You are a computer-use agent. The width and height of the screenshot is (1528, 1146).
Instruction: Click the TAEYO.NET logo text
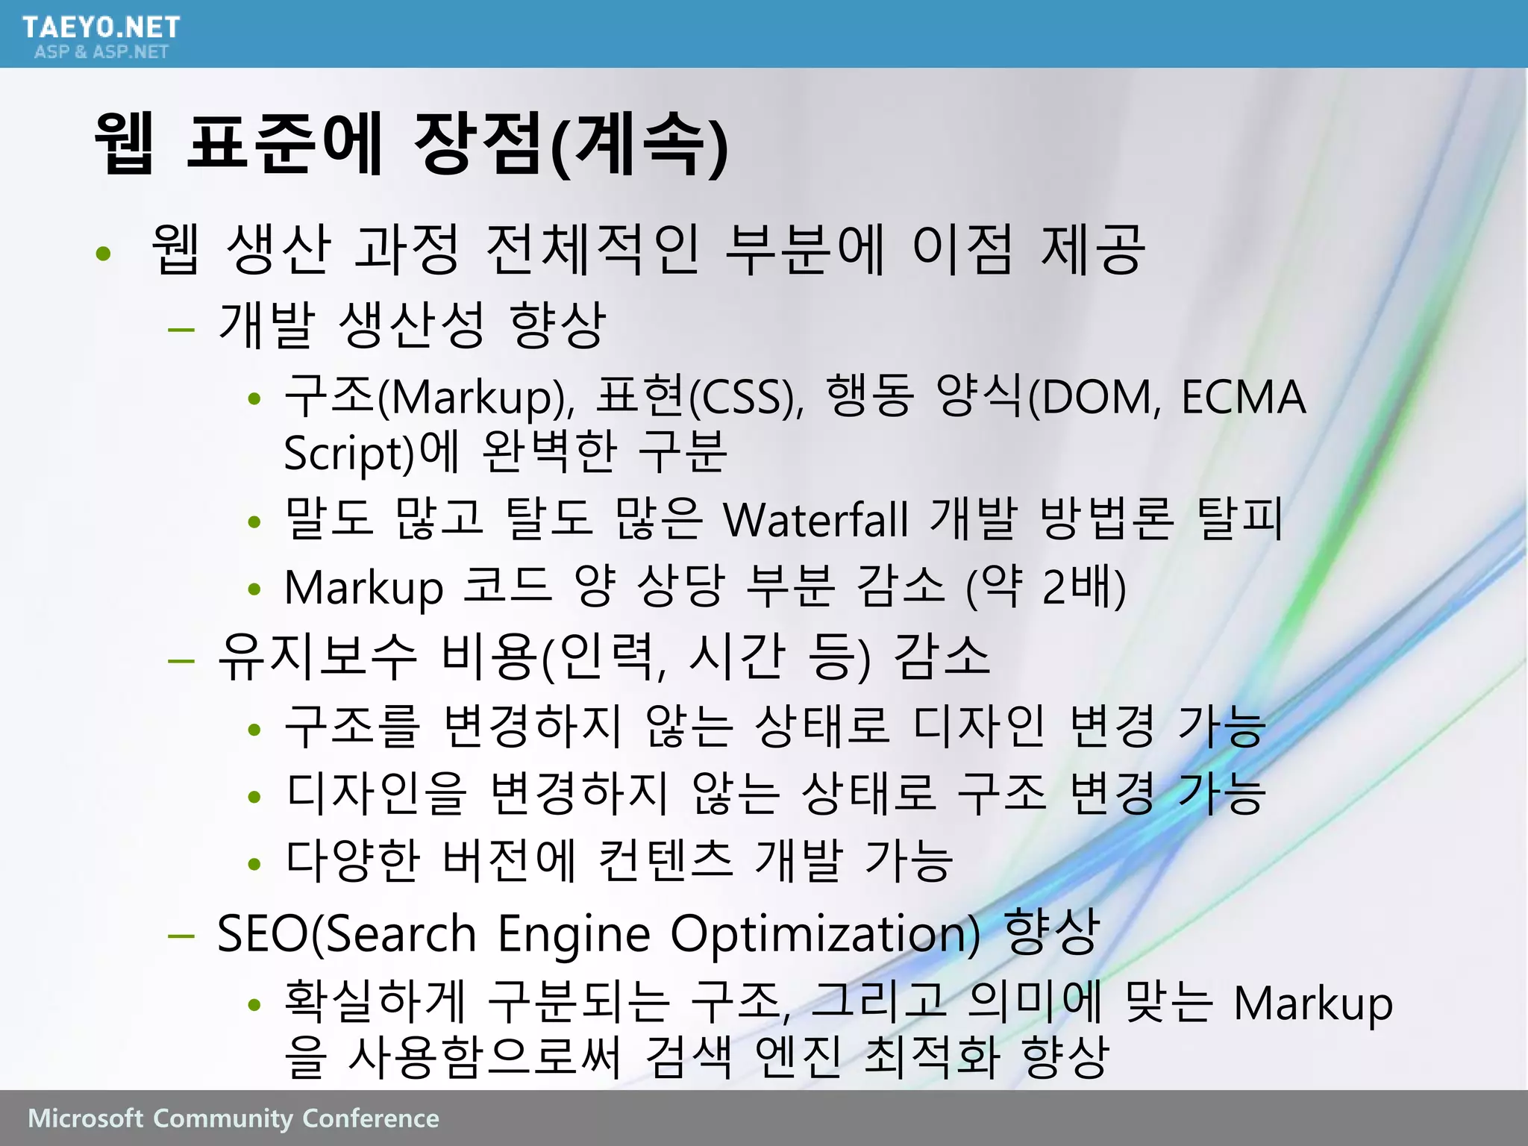(x=101, y=28)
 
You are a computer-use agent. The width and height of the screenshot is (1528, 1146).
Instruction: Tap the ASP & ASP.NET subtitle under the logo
(x=101, y=52)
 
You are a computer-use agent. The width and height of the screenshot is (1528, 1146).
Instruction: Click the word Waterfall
(x=816, y=519)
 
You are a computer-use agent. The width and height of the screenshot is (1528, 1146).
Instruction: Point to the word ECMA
(x=1243, y=397)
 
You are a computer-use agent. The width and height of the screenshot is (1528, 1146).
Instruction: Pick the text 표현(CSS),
(x=701, y=397)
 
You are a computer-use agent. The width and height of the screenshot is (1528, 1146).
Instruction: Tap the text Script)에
(x=371, y=453)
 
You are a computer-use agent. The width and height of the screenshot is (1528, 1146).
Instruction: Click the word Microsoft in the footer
(x=85, y=1118)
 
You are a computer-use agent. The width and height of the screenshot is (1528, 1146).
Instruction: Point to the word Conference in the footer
(x=371, y=1118)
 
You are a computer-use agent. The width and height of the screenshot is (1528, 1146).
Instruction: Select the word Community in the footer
(x=223, y=1118)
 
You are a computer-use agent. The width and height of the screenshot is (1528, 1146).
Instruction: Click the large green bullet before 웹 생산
(x=104, y=254)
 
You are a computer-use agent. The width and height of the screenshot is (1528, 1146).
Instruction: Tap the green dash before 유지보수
(x=181, y=660)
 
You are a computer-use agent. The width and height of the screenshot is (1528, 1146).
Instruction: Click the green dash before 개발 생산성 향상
(x=181, y=328)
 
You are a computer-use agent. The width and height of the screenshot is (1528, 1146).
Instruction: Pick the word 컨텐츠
(x=666, y=859)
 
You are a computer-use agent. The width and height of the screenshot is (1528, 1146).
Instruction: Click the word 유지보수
(x=316, y=657)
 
